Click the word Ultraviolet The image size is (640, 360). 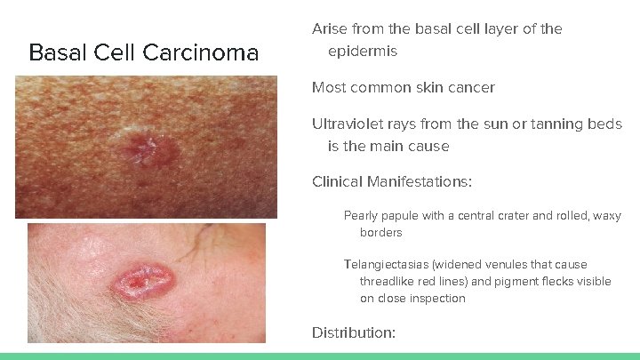(x=349, y=124)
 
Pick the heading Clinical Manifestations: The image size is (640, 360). (x=391, y=182)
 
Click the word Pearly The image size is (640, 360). (x=362, y=216)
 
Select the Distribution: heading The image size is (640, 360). (x=353, y=332)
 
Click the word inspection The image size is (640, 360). (x=437, y=299)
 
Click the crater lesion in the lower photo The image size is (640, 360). (x=139, y=282)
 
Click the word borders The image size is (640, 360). (x=380, y=233)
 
